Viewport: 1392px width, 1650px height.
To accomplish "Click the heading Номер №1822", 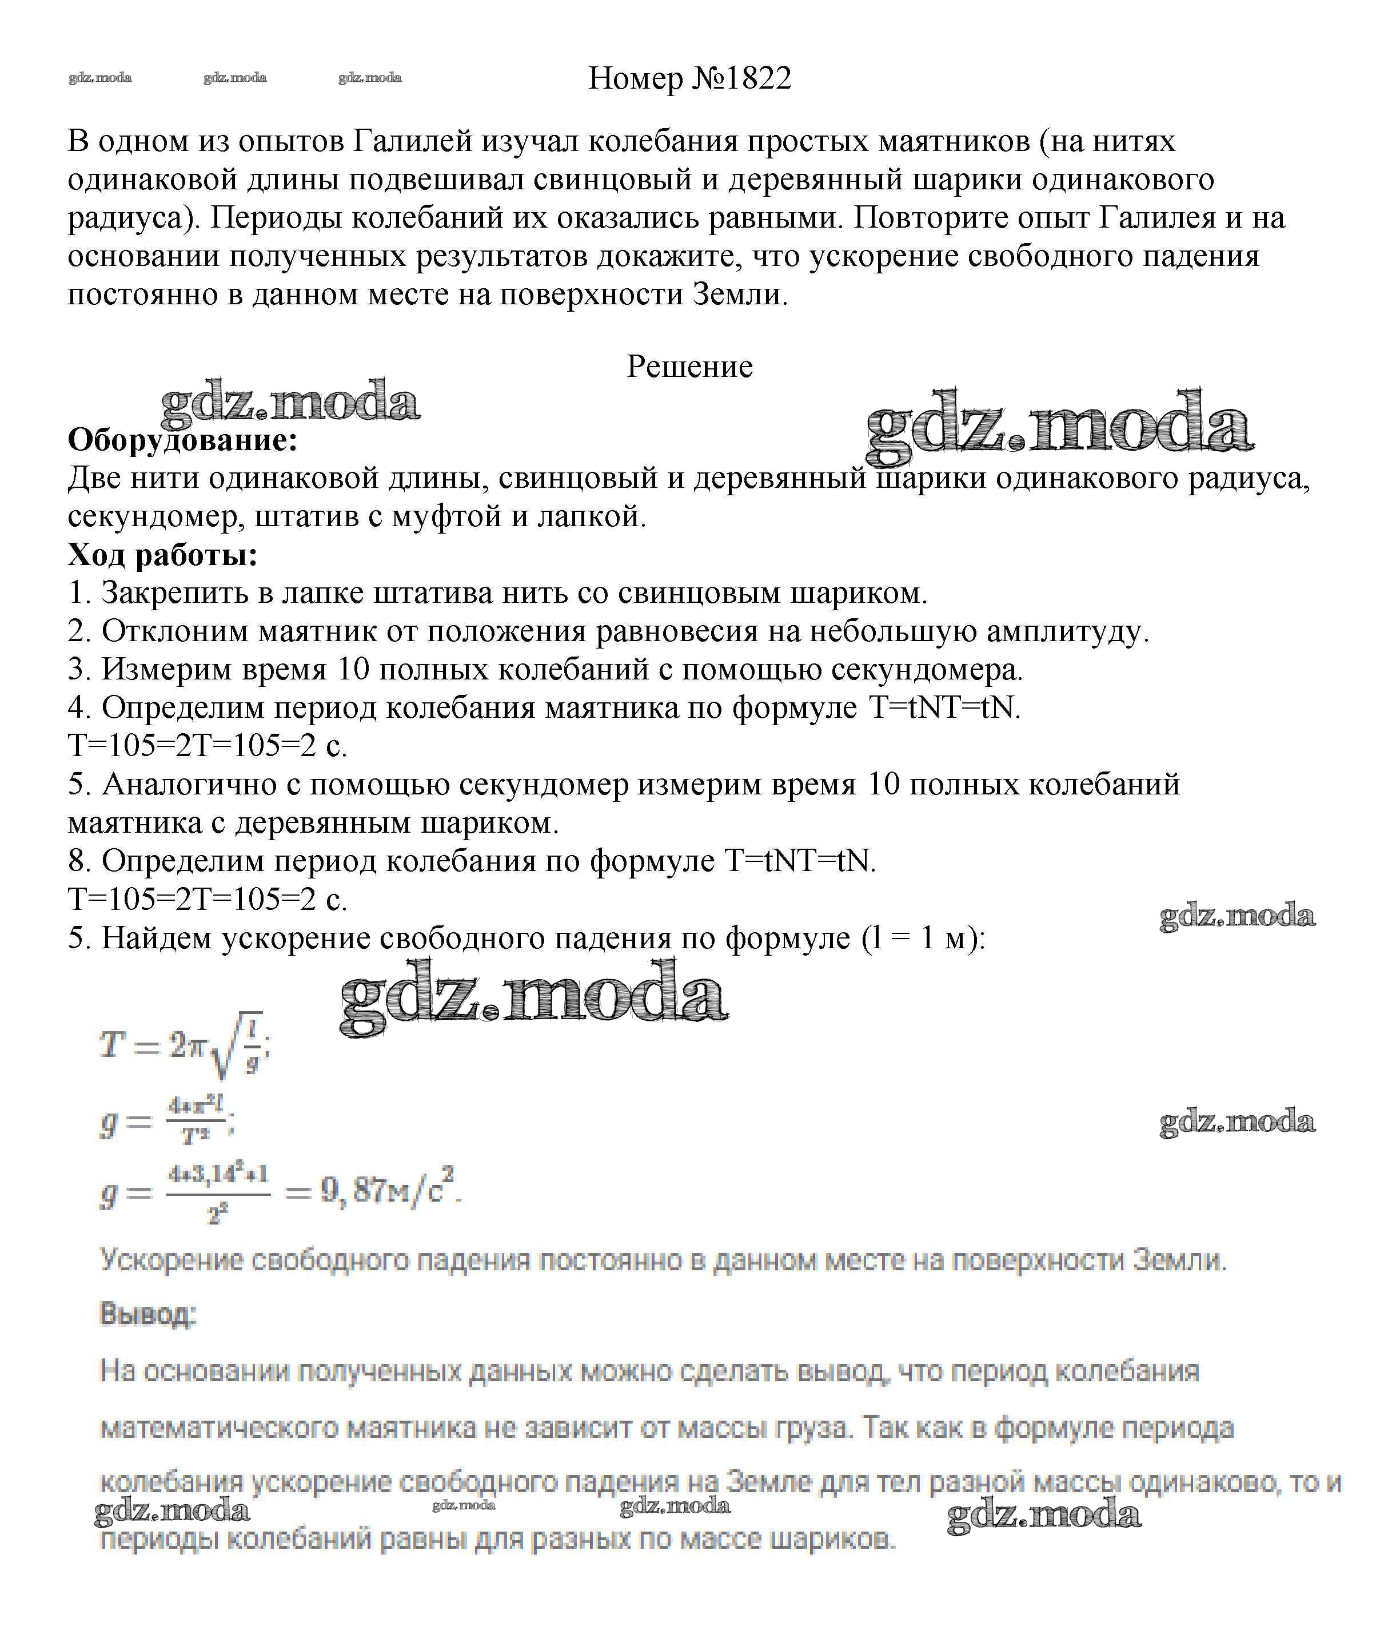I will (x=689, y=78).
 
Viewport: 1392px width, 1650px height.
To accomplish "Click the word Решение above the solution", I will (x=689, y=366).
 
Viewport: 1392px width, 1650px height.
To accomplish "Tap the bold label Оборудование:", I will (x=182, y=440).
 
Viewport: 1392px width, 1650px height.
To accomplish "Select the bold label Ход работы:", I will (x=162, y=555).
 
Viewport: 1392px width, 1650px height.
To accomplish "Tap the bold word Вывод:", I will (x=147, y=1314).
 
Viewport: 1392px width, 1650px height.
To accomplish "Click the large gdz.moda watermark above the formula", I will (x=533, y=998).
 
